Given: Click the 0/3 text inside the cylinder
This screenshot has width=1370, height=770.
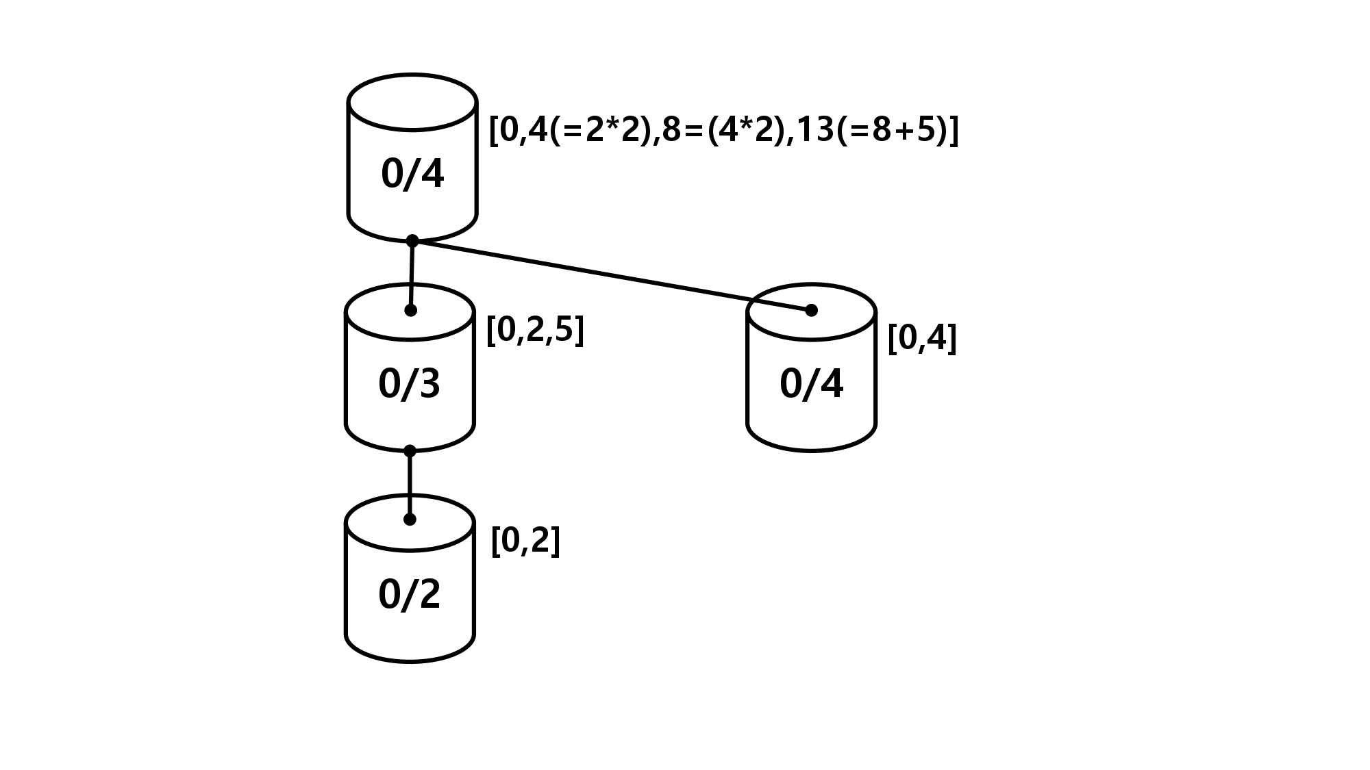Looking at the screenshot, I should coord(409,384).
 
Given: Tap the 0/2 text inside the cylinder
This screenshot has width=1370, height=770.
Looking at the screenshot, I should coord(409,594).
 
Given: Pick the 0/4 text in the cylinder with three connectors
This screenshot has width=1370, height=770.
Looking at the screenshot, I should coord(412,174).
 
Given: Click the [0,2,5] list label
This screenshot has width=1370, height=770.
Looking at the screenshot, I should coord(535,331).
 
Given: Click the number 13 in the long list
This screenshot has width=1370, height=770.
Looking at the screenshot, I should coord(815,129).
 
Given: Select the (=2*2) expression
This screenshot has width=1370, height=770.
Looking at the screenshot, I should coord(600,129).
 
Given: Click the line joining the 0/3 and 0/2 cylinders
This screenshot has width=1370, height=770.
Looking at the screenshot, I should coord(410,485).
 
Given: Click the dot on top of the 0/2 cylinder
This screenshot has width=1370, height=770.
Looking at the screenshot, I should coord(410,519).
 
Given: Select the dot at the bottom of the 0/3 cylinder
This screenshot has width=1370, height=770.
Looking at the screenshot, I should coord(410,451).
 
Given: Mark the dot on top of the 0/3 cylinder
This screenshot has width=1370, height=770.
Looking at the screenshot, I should coord(410,310).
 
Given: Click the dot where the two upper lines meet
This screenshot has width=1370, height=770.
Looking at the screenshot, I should coord(412,241).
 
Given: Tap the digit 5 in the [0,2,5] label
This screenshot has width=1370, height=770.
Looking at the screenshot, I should coord(564,330).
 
